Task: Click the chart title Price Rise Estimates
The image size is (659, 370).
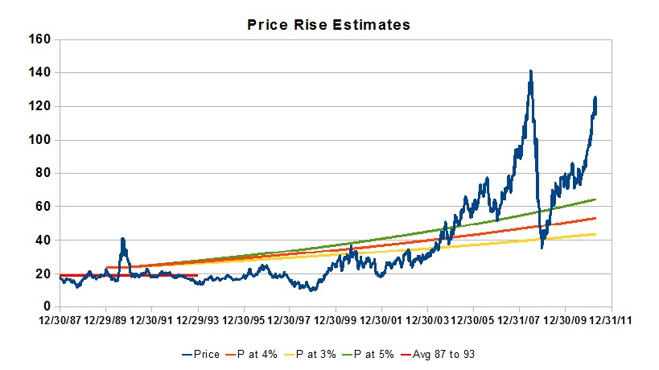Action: pos(328,25)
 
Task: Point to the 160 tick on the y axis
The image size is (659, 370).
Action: pos(39,39)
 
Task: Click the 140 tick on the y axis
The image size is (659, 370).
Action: pos(39,72)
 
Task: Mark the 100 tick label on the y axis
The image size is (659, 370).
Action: pos(39,140)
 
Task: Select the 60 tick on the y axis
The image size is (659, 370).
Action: pos(42,207)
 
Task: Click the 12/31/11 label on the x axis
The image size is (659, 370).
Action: pos(612,320)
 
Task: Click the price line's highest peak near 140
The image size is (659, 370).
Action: pos(531,72)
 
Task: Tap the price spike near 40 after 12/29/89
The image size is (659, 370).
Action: pos(122,239)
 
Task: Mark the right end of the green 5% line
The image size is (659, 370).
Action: pos(595,199)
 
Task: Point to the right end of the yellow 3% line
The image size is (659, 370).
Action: pos(595,234)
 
